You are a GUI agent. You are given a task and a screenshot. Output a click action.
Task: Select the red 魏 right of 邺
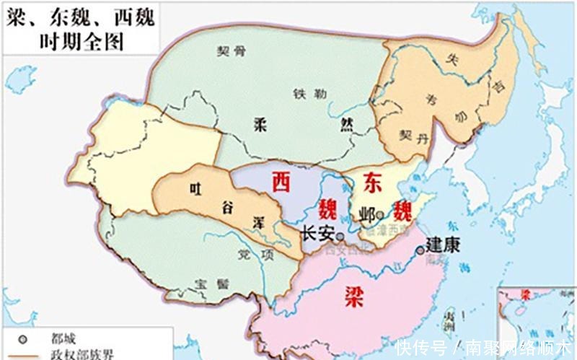pos(402,211)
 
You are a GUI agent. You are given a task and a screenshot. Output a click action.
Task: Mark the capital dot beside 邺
pos(380,215)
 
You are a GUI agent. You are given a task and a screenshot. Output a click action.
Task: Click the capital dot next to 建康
pos(420,250)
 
